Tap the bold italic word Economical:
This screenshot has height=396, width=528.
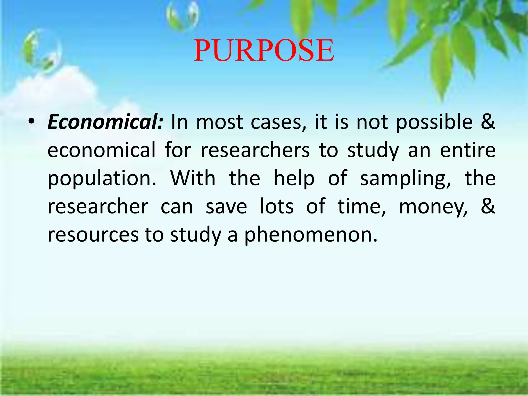(x=105, y=122)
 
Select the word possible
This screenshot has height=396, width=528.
(x=434, y=122)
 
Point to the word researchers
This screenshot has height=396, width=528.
(x=255, y=150)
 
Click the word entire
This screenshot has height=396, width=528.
(x=468, y=150)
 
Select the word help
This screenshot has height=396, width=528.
(x=294, y=179)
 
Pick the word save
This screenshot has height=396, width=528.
(x=226, y=207)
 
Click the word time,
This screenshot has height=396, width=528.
(x=362, y=207)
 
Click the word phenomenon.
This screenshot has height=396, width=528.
(x=311, y=235)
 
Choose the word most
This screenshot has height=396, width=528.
(x=219, y=122)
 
